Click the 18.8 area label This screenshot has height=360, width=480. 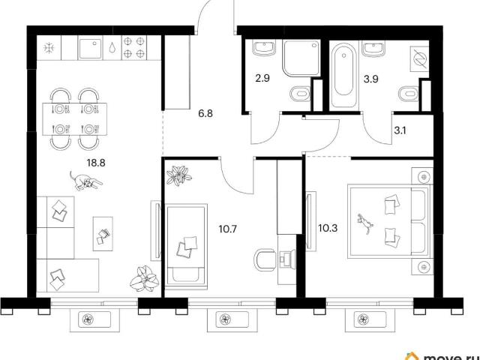point(96,163)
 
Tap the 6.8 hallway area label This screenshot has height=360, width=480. point(205,114)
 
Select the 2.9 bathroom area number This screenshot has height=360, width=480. point(262,78)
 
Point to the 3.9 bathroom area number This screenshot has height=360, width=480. point(370,79)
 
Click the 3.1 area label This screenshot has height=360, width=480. point(400,130)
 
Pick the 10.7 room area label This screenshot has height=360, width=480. point(228,229)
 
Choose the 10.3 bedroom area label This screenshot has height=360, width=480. point(328,228)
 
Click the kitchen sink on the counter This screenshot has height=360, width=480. point(90,49)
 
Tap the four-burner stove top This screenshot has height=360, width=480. point(134,47)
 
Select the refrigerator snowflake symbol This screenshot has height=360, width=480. point(49,48)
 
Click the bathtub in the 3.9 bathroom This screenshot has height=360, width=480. point(343,75)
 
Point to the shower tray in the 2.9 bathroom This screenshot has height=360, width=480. point(301,58)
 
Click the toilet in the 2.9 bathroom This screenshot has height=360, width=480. point(300,94)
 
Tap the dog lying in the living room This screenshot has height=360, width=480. point(85,181)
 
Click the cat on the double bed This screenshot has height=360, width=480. point(365,223)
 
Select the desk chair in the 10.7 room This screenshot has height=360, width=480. point(265,260)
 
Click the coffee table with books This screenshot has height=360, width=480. point(103,234)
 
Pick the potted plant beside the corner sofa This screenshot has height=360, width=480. point(144,279)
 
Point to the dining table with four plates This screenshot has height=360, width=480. point(75,119)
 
